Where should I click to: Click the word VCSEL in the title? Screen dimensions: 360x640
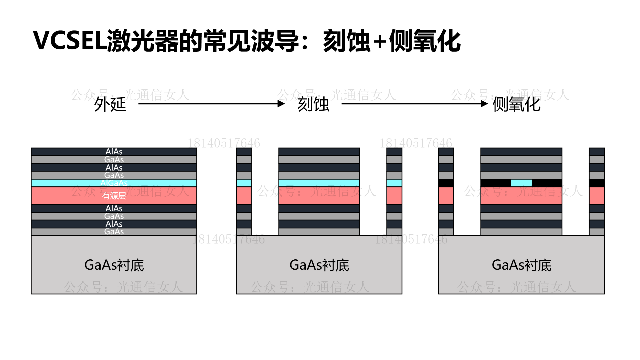click(x=70, y=40)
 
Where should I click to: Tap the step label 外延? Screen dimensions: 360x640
click(x=110, y=104)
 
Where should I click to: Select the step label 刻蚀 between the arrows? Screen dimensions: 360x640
click(x=313, y=104)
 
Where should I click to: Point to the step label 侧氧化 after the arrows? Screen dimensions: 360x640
click(x=516, y=104)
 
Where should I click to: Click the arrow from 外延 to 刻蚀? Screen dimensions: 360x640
click(x=211, y=104)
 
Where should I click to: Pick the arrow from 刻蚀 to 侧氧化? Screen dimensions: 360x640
click(x=414, y=104)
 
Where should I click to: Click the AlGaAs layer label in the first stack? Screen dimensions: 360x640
click(x=114, y=183)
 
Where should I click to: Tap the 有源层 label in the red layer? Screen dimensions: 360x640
click(x=114, y=196)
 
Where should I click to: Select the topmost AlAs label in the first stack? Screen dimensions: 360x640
click(x=114, y=152)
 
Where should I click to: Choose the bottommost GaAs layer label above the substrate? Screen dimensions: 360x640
click(x=114, y=231)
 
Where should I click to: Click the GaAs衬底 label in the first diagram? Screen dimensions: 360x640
click(x=114, y=265)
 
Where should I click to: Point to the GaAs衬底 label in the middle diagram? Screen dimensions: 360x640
click(x=319, y=265)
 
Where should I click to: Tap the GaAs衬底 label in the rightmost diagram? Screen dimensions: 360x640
click(x=521, y=265)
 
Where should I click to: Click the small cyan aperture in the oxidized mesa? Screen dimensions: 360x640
click(x=521, y=183)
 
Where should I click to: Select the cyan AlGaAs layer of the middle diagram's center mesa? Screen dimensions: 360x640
click(x=319, y=183)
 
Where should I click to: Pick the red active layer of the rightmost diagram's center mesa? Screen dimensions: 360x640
click(x=521, y=196)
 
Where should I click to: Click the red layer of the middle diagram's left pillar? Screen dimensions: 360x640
click(x=244, y=196)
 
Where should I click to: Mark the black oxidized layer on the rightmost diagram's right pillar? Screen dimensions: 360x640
click(x=597, y=183)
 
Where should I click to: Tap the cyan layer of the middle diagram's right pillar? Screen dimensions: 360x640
click(x=394, y=183)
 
